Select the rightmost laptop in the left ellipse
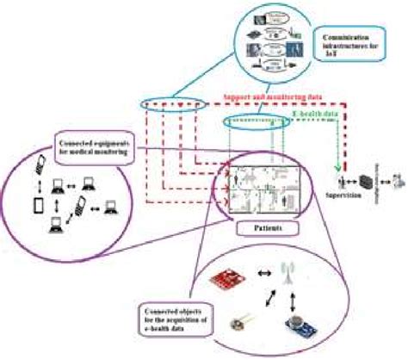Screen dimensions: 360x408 point(109,208)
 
